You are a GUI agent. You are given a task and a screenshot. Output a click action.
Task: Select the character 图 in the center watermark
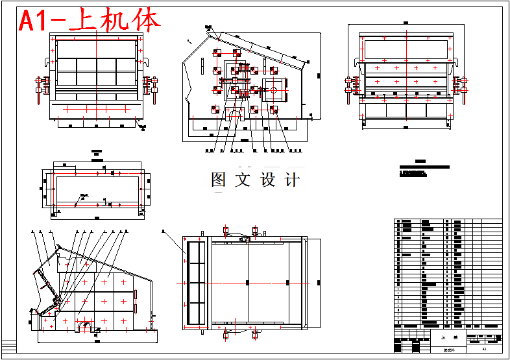[x=219, y=180]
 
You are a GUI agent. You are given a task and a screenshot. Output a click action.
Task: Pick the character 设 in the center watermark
[x=268, y=180]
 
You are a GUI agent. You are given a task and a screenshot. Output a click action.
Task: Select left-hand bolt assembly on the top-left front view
[x=40, y=87]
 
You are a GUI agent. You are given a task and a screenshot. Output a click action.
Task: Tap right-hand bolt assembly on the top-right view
[x=461, y=87]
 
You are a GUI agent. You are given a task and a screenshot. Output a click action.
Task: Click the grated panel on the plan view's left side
[x=196, y=283]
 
